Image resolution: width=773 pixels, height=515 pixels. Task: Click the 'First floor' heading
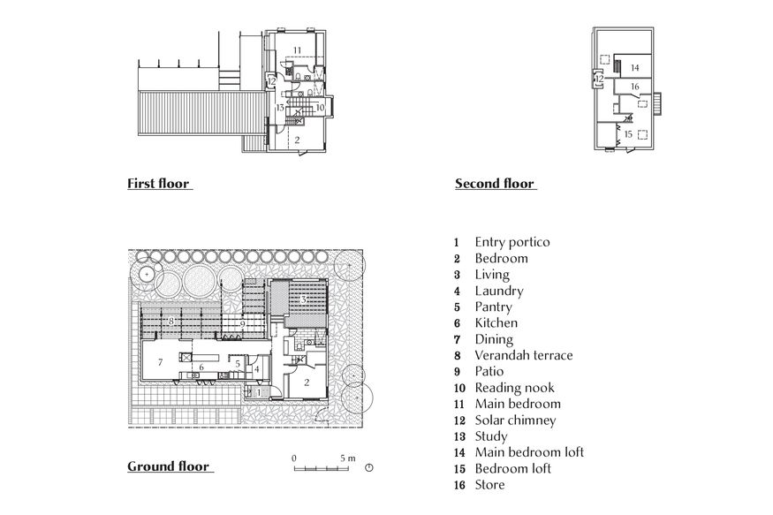[x=158, y=184]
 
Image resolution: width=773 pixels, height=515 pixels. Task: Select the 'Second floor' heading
[x=494, y=184]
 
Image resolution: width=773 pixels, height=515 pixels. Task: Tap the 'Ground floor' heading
[x=168, y=466]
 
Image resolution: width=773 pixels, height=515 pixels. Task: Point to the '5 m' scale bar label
[x=347, y=458]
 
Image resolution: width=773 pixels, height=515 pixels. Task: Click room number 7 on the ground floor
[x=160, y=363]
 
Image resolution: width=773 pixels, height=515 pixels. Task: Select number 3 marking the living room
[x=303, y=300]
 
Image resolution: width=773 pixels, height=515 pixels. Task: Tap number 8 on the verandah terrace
[x=171, y=323]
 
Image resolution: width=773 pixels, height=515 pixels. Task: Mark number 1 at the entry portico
[x=259, y=391]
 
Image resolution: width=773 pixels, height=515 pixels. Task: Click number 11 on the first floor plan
[x=298, y=49]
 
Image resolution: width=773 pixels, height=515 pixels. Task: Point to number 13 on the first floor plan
[x=278, y=107]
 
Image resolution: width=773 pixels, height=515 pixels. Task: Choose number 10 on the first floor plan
[x=319, y=107]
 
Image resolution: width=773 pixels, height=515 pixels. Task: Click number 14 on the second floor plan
[x=633, y=67]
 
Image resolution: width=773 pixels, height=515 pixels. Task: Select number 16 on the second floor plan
[x=633, y=87]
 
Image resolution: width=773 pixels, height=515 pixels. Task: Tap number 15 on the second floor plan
[x=628, y=134]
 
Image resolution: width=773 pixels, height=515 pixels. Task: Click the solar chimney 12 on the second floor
[x=598, y=79]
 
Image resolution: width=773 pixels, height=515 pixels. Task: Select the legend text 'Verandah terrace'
[x=523, y=355]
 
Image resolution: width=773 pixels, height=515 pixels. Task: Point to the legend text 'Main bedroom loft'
[x=528, y=452]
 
